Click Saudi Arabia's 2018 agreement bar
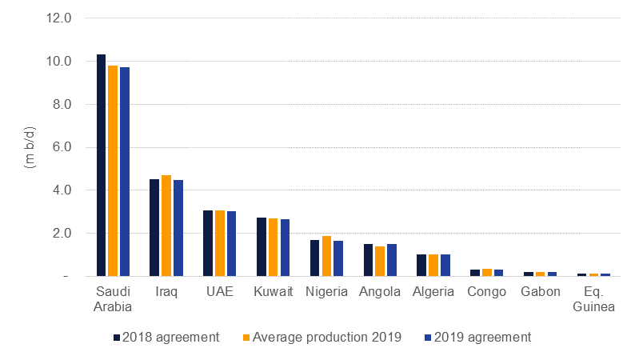pyautogui.click(x=102, y=166)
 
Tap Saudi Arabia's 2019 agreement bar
pyautogui.click(x=125, y=172)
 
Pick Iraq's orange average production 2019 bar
pyautogui.click(x=166, y=226)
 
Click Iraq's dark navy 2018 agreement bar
pyautogui.click(x=154, y=228)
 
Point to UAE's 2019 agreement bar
pyautogui.click(x=231, y=244)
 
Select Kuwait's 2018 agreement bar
pyautogui.click(x=262, y=247)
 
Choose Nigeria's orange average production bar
pyautogui.click(x=326, y=256)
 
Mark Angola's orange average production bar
pyautogui.click(x=380, y=262)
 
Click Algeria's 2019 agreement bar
pyautogui.click(x=445, y=266)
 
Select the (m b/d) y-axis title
pyautogui.click(x=30, y=147)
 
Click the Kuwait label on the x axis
pyautogui.click(x=273, y=291)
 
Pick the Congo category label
pyautogui.click(x=486, y=291)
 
